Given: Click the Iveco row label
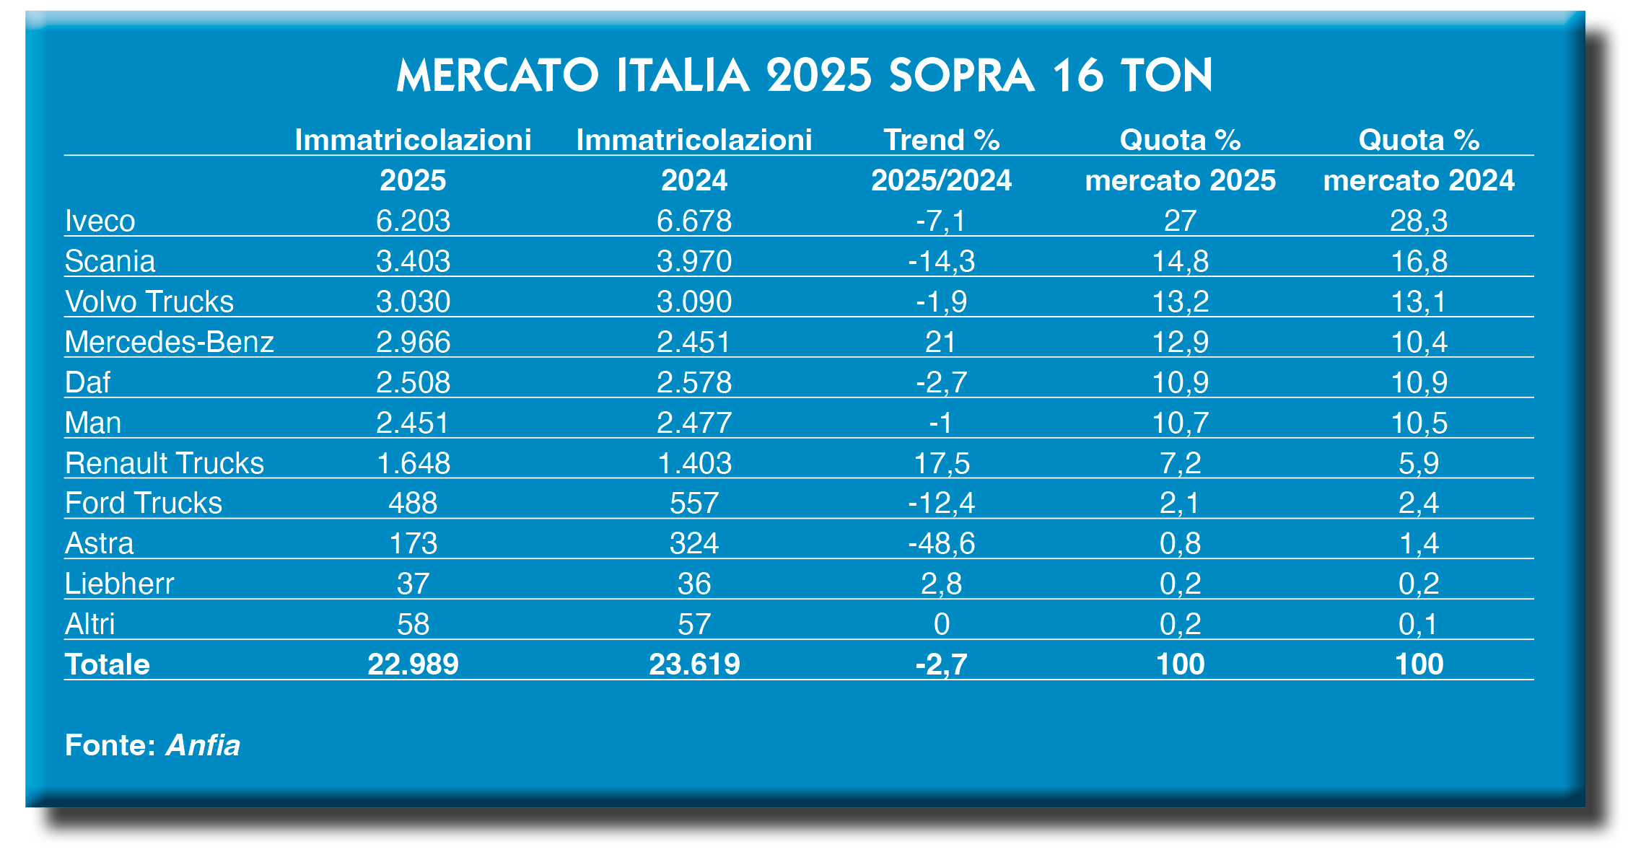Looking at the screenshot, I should [100, 221].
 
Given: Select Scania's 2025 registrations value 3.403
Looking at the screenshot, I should [413, 261].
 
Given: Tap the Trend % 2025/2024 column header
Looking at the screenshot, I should [941, 159].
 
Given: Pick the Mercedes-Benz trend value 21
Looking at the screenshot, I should [941, 342].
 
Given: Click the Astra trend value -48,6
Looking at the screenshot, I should [941, 543].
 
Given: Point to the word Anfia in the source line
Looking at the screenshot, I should [203, 745].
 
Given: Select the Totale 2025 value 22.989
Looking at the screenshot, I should [413, 664].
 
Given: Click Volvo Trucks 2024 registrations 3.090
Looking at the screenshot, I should [694, 302].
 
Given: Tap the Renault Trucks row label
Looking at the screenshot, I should [165, 463].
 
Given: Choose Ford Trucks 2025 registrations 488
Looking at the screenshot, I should [413, 503].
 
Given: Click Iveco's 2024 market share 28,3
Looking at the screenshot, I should [1419, 221].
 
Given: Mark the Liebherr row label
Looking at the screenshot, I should [120, 584].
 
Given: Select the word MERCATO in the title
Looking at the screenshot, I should [498, 76].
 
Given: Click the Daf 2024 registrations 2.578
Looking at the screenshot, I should [694, 382].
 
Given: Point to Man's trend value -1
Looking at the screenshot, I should [941, 423].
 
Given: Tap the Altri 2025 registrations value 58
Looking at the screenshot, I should [413, 624].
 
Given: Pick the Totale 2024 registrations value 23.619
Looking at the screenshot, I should [694, 664].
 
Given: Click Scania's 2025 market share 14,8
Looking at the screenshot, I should [1180, 261].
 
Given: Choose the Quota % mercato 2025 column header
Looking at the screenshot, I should [1180, 159].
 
